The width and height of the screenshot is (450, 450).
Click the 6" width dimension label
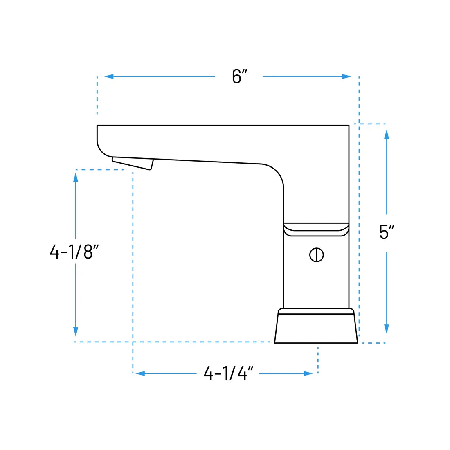[x=240, y=76]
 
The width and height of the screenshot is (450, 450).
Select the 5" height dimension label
[x=386, y=232]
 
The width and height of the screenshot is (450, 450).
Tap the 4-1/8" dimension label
[x=74, y=252]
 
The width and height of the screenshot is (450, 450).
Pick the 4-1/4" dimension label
[x=228, y=373]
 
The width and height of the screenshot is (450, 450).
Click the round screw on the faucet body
[x=316, y=255]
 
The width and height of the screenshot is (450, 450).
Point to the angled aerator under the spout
[x=133, y=163]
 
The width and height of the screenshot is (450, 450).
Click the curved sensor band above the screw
[x=316, y=229]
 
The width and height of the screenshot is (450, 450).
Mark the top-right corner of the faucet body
[x=348, y=126]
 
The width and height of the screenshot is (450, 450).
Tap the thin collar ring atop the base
[x=316, y=311]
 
